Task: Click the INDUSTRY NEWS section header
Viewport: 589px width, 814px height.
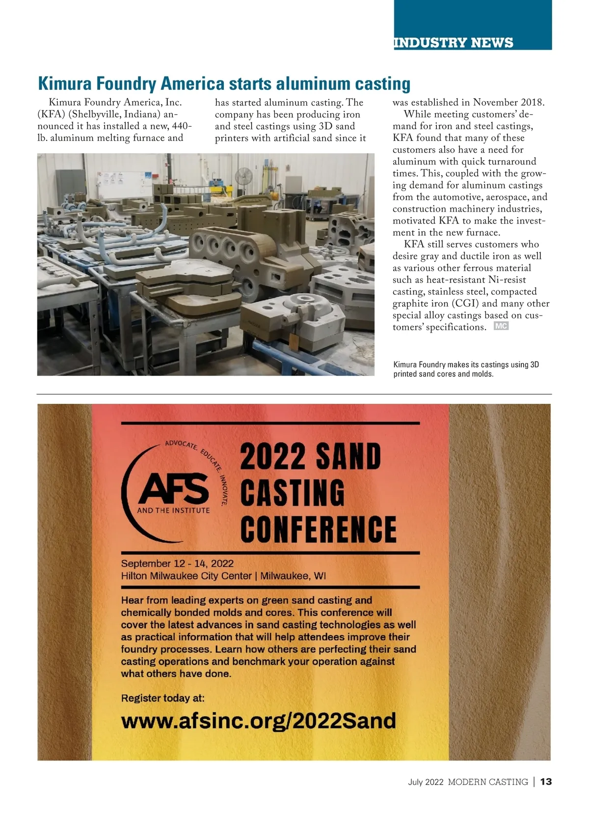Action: [x=453, y=43]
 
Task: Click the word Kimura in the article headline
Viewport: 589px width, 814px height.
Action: [x=65, y=84]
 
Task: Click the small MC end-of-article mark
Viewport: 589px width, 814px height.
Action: [x=501, y=326]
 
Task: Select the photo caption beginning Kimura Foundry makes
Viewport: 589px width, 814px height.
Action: [x=466, y=369]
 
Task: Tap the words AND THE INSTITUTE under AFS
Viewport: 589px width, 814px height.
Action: [x=173, y=510]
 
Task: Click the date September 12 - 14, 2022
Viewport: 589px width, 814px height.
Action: [x=177, y=563]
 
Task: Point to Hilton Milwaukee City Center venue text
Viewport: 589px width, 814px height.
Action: [x=186, y=576]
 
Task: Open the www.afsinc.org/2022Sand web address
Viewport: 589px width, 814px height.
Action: [x=258, y=721]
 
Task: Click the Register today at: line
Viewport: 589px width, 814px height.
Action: [x=162, y=698]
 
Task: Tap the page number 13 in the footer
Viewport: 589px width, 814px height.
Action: [x=546, y=782]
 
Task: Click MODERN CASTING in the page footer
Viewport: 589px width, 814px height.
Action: [x=488, y=782]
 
